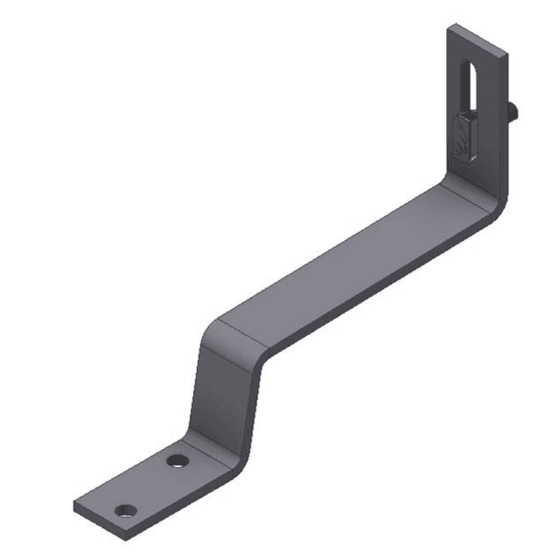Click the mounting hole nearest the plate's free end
126,510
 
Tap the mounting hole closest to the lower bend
178,460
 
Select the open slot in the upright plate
470,86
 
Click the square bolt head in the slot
464,136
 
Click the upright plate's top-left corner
450,28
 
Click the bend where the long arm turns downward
232,331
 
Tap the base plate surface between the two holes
152,484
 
